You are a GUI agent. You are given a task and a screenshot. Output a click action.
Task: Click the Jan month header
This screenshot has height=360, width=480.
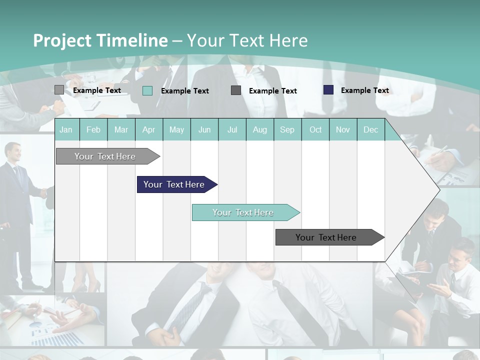tap(66, 129)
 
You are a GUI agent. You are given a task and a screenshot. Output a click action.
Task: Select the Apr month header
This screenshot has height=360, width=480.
tap(148, 129)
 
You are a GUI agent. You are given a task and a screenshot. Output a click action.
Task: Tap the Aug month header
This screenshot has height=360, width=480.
tap(259, 129)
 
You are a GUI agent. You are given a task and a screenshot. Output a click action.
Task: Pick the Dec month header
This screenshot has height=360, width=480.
tap(370, 129)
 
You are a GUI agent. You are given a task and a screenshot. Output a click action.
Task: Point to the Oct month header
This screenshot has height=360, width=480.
tap(315, 129)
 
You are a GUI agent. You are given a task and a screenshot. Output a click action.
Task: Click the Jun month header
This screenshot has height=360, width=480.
tap(204, 129)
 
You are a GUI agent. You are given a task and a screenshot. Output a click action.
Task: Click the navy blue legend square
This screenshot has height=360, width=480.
tap(328, 90)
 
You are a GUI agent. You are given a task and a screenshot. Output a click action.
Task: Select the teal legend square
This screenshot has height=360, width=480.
tap(147, 90)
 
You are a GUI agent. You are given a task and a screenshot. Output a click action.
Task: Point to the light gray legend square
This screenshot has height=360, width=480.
tap(59, 90)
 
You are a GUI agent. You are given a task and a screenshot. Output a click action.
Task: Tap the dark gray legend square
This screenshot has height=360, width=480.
tap(236, 90)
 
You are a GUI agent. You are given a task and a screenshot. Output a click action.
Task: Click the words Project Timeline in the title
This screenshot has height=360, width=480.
tap(100, 40)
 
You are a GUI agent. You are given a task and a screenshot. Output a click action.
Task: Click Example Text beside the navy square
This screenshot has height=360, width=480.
tap(364, 90)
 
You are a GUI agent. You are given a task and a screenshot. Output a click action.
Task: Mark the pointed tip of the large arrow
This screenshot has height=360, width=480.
tap(438, 189)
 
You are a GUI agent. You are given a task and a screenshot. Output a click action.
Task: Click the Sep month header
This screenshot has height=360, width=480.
tap(287, 129)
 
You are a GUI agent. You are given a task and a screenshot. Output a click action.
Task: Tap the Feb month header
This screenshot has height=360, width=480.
tap(93, 129)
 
